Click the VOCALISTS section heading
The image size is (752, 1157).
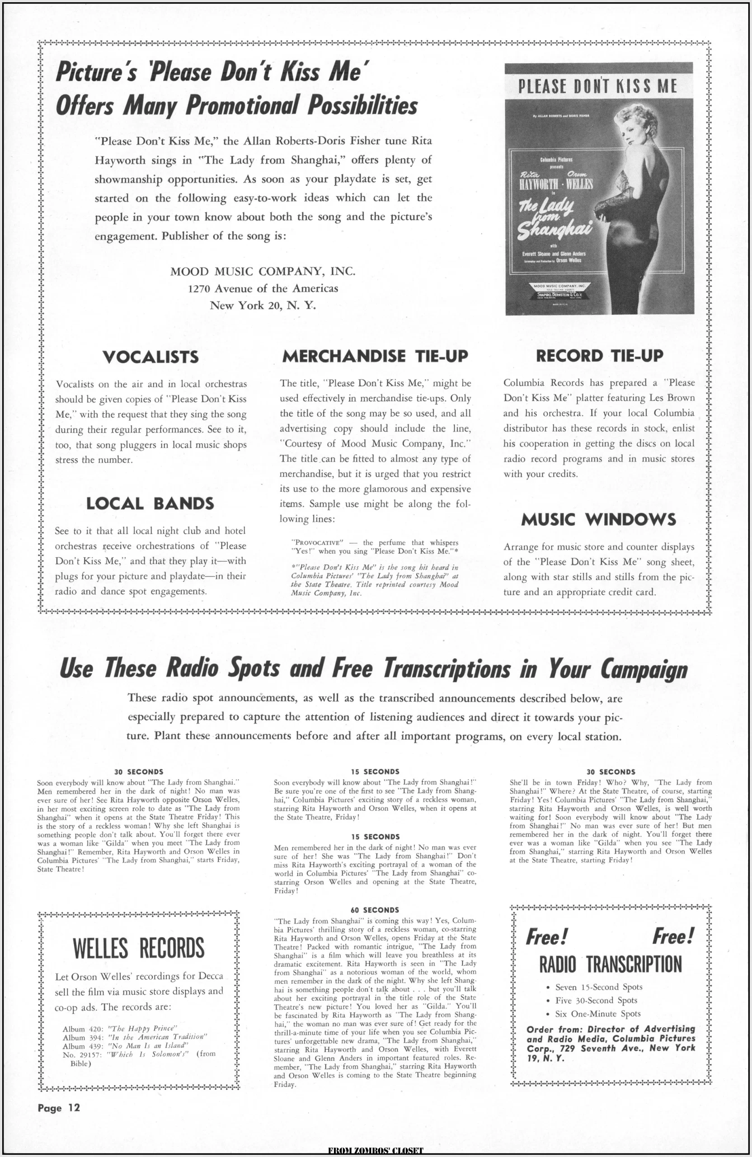[150, 357]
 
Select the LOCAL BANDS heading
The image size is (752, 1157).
[150, 503]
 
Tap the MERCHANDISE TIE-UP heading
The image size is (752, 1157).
[375, 356]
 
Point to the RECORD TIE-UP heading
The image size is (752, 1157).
[599, 356]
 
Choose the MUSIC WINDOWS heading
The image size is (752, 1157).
[598, 520]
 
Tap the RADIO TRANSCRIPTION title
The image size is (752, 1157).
[611, 964]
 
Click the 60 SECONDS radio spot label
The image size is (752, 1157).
[375, 910]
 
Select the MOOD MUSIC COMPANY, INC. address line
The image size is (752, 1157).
[263, 271]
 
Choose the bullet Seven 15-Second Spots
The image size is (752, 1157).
[599, 987]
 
